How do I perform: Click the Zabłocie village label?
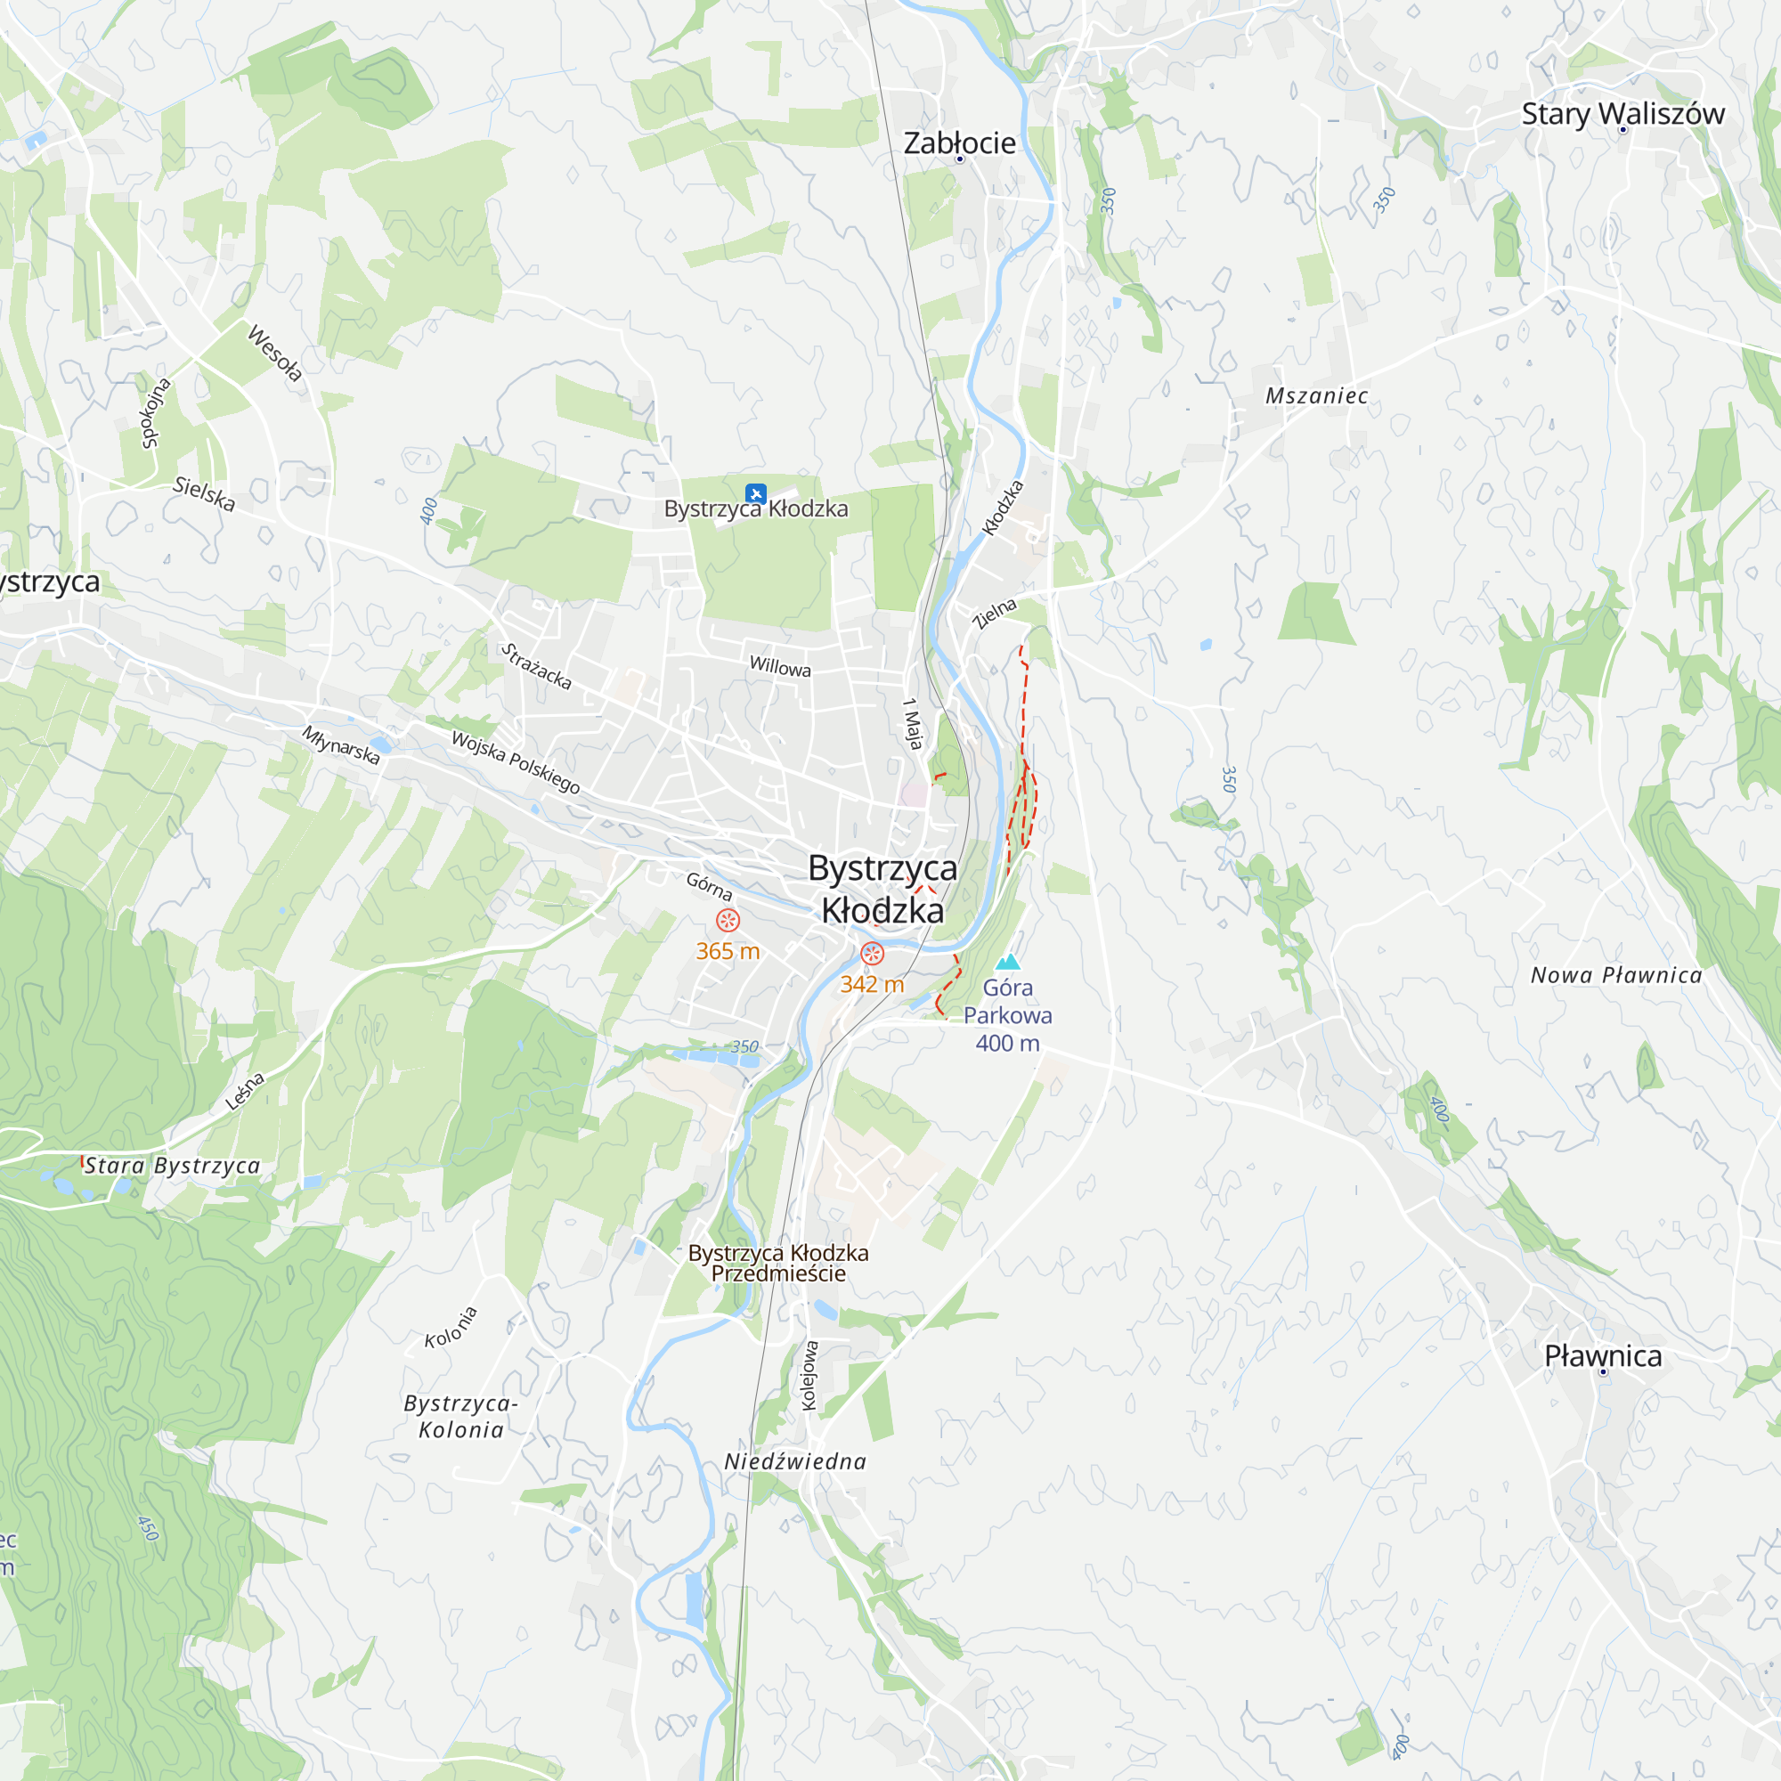tap(959, 142)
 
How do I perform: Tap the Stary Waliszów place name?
tap(1622, 113)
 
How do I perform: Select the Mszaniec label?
tap(1316, 395)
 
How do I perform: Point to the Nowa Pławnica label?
tap(1616, 975)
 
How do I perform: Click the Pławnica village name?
tap(1603, 1356)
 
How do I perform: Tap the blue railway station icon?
tap(756, 493)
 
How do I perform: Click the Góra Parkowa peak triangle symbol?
tap(1009, 963)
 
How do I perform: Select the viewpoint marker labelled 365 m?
tap(728, 920)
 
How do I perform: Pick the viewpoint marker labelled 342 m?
tap(872, 953)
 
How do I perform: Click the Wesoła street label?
tap(274, 352)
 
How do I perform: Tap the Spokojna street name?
tap(156, 413)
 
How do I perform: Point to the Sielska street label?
tap(205, 493)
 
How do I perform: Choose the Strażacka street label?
tap(536, 666)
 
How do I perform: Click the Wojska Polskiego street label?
tap(516, 761)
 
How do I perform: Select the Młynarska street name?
tap(341, 744)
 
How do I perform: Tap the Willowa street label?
tap(780, 666)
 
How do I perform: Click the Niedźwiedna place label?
tap(794, 1461)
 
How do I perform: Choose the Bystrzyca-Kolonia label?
tap(461, 1417)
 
